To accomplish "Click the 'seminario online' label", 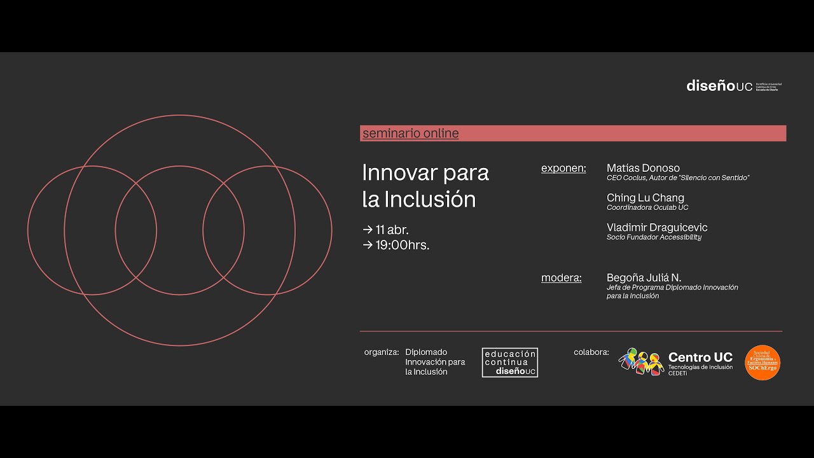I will coord(410,134).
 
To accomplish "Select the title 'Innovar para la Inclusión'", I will coord(425,186).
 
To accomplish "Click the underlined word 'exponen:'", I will coord(563,169).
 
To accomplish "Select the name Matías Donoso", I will coord(643,168).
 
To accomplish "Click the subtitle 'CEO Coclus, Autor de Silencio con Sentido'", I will coord(678,178).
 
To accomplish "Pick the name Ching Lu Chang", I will coord(645,198).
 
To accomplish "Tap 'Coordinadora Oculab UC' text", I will coord(647,207).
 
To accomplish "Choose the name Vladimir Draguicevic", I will coord(656,227).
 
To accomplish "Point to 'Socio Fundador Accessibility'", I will coord(654,237).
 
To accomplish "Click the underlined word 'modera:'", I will coord(561,278).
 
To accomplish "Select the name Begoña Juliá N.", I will coord(644,278).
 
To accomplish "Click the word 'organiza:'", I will coord(382,352).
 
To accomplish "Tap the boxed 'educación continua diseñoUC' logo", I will coord(509,363).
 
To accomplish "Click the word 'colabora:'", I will coord(591,352).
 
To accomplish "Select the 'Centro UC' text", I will coord(700,357).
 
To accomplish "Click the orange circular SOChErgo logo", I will coord(762,363).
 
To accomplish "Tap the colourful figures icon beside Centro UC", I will coord(640,361).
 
